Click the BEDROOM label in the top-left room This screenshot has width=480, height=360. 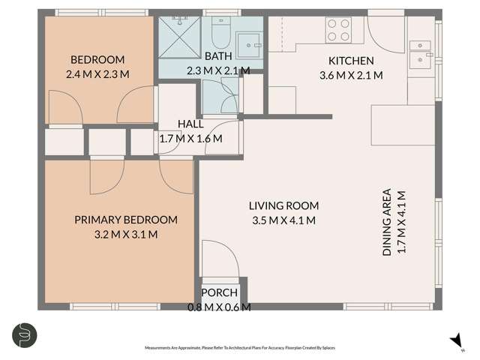point(97,60)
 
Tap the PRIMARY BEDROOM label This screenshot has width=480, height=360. point(126,220)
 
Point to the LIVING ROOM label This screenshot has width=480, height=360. point(284,205)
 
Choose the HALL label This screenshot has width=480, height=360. point(190,124)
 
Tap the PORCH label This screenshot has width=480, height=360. point(219,292)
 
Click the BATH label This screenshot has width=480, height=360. point(217,56)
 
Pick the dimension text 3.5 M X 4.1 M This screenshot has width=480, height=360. point(284,220)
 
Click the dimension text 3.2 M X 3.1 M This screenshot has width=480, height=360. point(126,234)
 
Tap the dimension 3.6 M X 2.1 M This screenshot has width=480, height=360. point(352,75)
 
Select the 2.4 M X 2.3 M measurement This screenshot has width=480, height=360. point(97,74)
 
